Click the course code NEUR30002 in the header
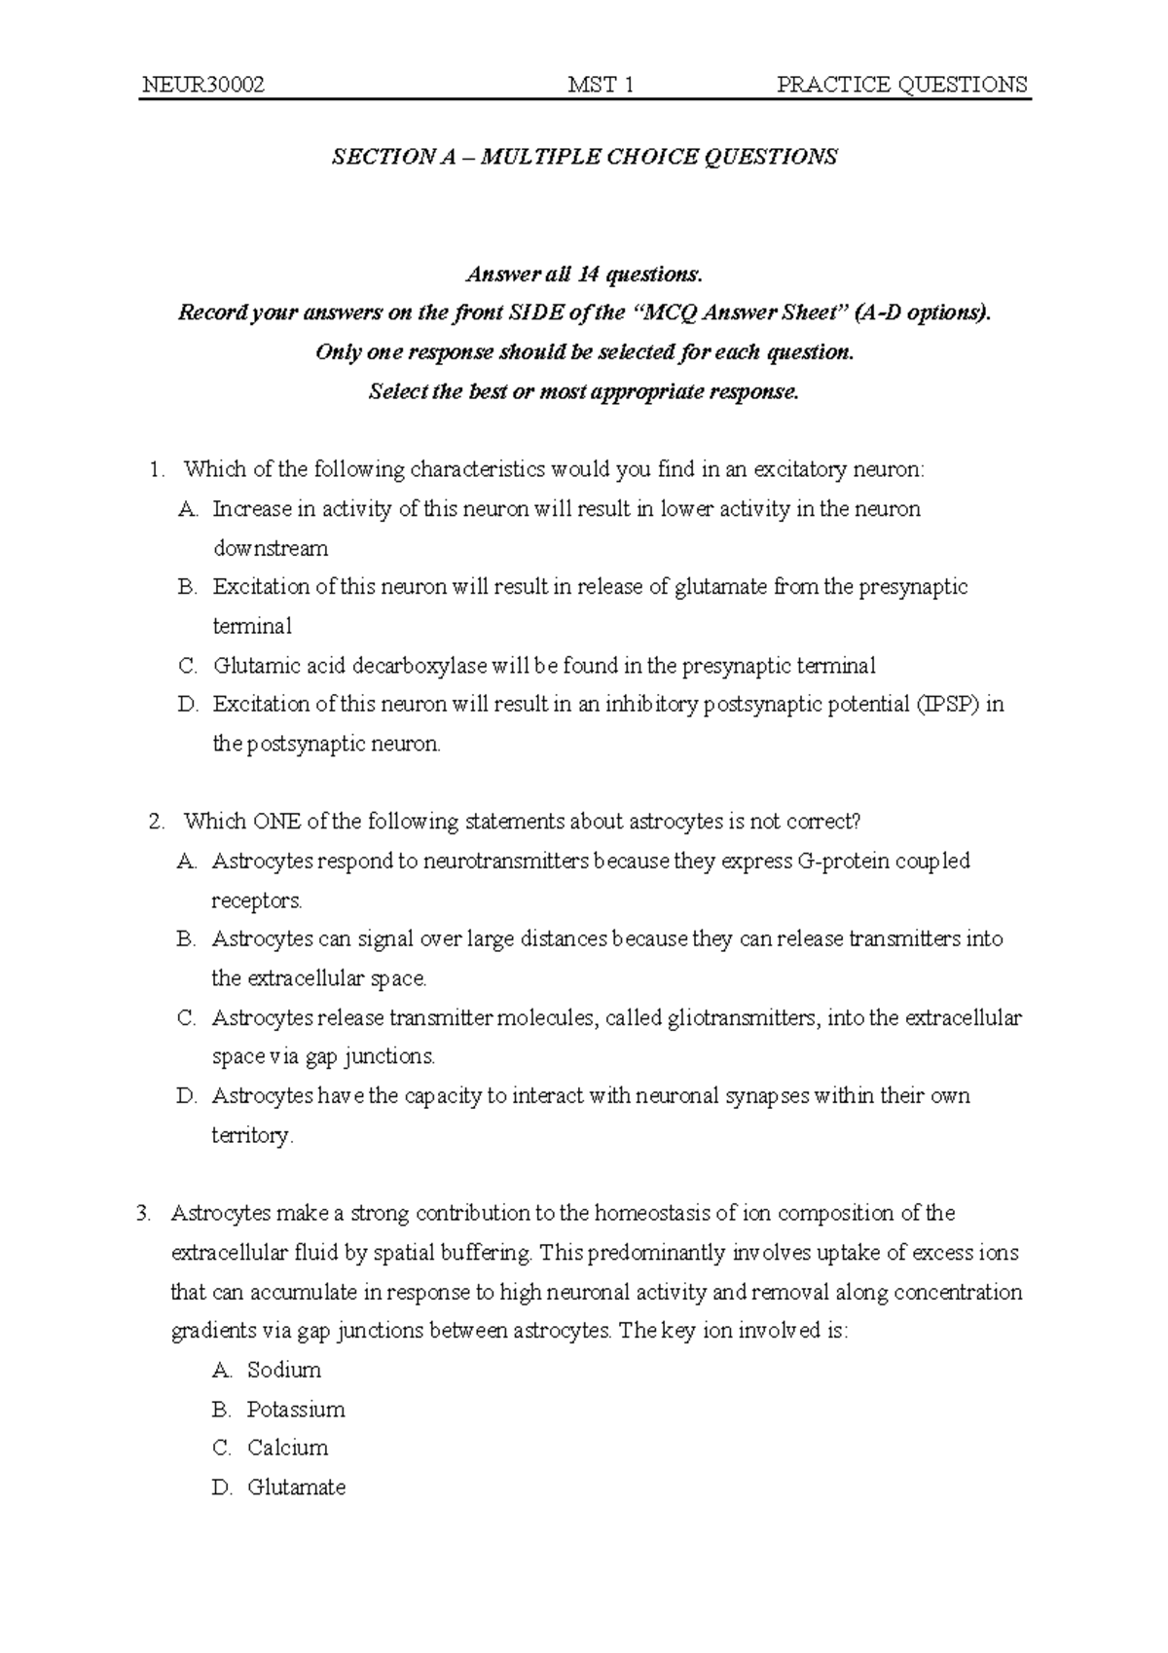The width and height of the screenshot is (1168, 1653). point(202,85)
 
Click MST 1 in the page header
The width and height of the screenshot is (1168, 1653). point(601,85)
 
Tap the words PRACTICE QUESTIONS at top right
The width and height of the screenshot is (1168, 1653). point(901,85)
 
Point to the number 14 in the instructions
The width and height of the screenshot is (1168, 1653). point(587,275)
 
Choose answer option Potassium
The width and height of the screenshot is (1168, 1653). point(296,1410)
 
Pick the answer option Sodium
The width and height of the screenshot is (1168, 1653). point(283,1371)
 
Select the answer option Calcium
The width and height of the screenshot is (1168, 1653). point(287,1449)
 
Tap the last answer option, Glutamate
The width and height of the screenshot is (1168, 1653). point(296,1488)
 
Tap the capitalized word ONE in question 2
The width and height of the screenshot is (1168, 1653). point(278,822)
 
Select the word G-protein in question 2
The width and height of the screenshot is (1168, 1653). point(843,862)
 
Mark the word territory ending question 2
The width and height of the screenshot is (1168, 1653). point(250,1136)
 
